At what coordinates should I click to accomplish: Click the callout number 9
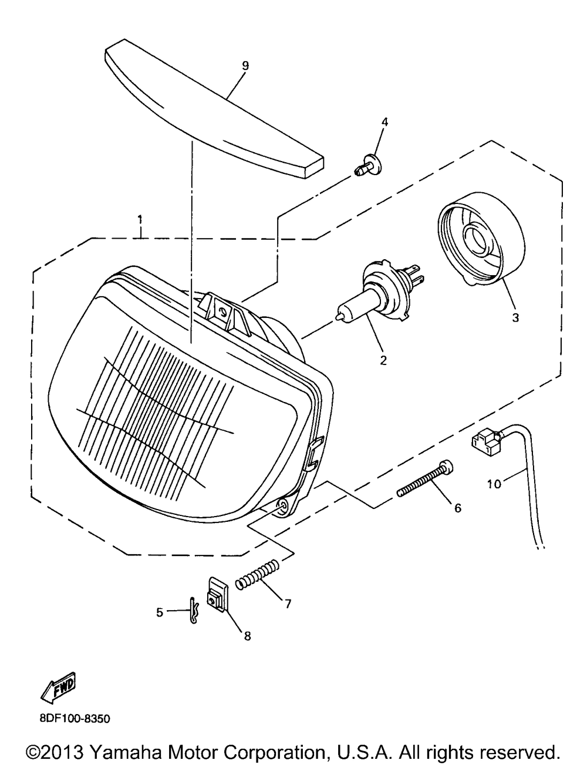tap(245, 66)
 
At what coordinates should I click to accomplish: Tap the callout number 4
tap(384, 122)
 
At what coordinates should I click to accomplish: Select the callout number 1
tap(140, 220)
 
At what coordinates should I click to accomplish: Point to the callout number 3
tap(515, 318)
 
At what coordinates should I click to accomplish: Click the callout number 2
tap(383, 360)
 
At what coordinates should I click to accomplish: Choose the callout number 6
tap(457, 508)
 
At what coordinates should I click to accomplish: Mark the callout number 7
tap(288, 603)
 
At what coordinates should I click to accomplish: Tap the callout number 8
tap(247, 636)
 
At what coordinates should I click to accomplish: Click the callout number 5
tap(160, 612)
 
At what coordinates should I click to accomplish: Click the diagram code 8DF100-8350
tap(75, 718)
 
